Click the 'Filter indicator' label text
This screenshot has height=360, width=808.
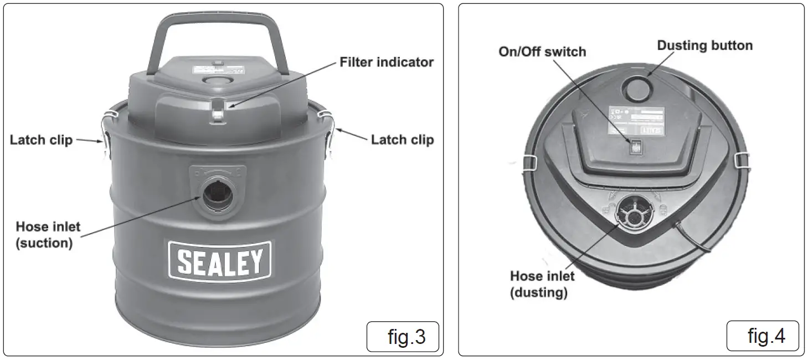386,62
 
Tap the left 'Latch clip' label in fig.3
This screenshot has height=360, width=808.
41,140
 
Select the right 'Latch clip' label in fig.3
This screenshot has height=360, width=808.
402,140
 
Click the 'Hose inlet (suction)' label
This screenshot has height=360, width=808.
48,234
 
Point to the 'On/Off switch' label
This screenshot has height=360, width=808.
542,52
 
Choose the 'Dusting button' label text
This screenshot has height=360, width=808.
704,45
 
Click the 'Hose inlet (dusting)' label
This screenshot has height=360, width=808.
542,284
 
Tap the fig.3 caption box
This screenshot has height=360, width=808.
403,336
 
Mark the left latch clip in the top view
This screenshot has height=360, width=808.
530,162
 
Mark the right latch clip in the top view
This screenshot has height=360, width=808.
742,161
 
